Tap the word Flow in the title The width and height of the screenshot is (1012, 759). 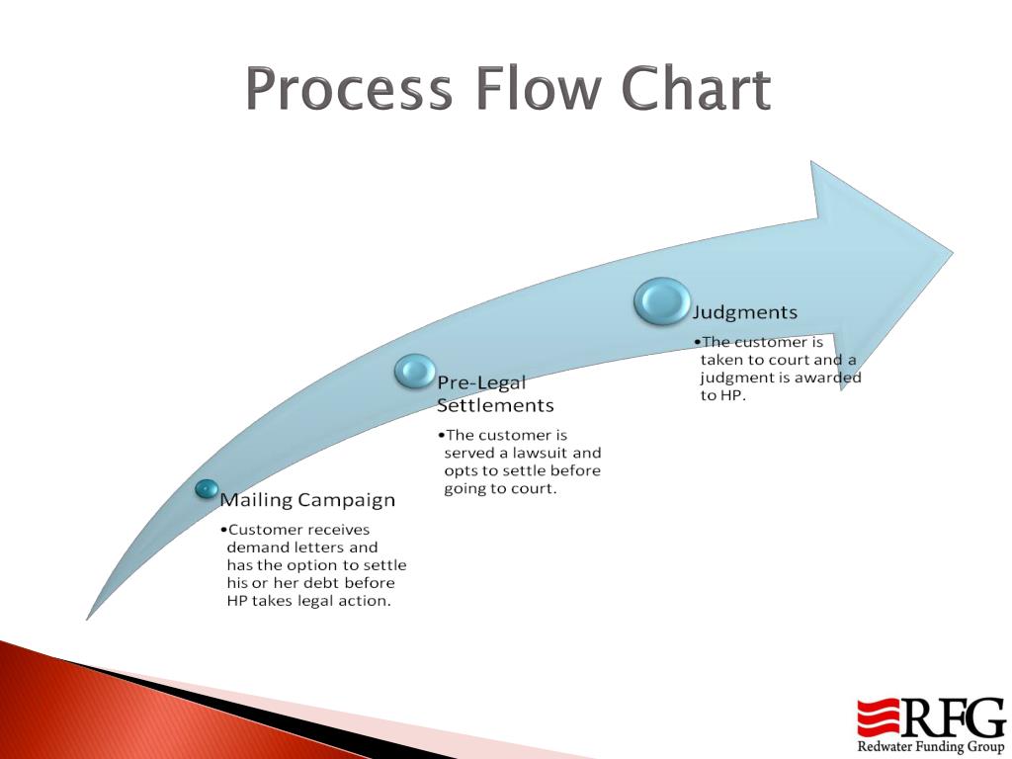pos(538,90)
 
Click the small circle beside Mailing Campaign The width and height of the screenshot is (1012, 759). pos(207,488)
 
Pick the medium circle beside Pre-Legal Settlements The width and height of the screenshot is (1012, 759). pos(415,371)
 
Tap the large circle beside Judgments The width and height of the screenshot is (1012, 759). pos(662,301)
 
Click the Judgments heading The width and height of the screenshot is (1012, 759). pos(745,312)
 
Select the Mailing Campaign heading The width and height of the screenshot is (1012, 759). pos(307,500)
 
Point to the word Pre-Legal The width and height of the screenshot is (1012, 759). pos(481,382)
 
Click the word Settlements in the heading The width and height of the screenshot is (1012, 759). pos(495,405)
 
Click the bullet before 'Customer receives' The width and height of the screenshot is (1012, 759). pos(223,530)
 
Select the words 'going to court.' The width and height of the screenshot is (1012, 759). pos(500,488)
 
